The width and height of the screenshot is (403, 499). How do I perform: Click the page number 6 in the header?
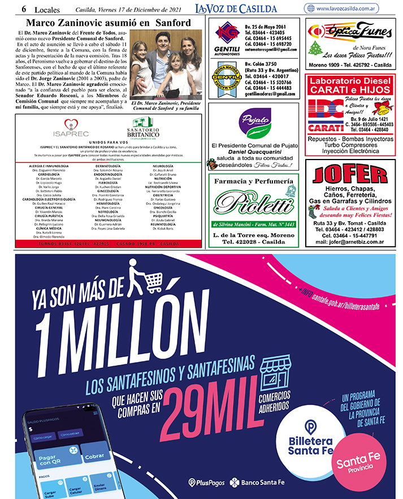tap(24, 9)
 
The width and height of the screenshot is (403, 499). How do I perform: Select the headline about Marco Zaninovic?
tap(109, 23)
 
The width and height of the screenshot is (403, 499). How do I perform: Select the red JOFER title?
tap(349, 174)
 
